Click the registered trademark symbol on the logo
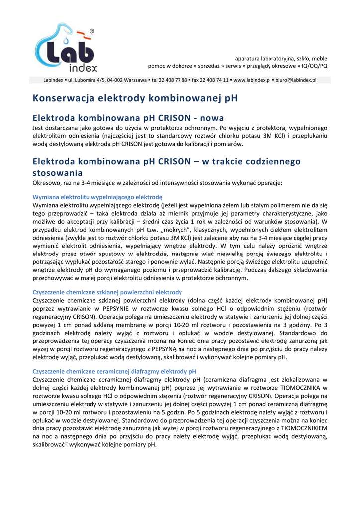[x=91, y=32]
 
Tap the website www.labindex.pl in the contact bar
[x=252, y=80]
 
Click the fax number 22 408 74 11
[x=213, y=80]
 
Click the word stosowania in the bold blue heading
[x=57, y=173]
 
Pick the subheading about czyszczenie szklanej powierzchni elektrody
[x=107, y=292]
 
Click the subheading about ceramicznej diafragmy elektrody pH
[x=114, y=371]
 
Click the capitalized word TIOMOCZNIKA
[x=296, y=387]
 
